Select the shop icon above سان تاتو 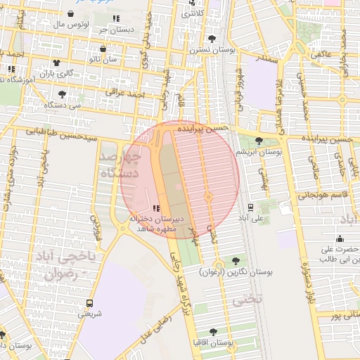tap(103, 49)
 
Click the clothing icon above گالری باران tap(56, 63)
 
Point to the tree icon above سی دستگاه tap(63, 94)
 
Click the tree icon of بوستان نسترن tap(213, 39)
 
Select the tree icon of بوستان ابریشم tap(259, 141)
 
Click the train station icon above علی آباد tap(250, 207)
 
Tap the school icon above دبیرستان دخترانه tap(155, 208)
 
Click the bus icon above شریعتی tap(89, 303)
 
